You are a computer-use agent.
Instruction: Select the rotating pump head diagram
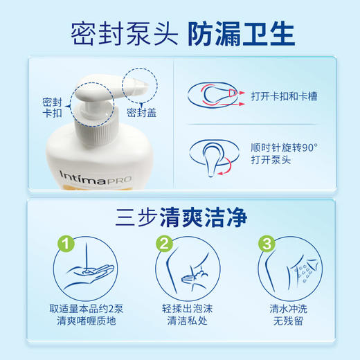click(x=215, y=154)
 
